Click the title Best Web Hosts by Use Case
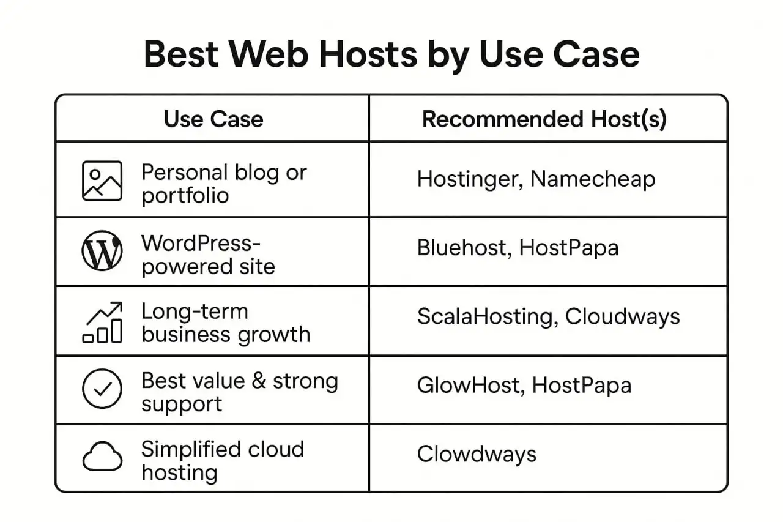coord(391,55)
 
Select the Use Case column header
coord(213,119)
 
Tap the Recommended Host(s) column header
coord(544,119)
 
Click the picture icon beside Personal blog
coord(102,181)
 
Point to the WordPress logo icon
coord(102,250)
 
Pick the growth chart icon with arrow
coord(102,322)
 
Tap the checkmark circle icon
coord(102,389)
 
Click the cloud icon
coord(102,456)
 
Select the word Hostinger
coord(470,180)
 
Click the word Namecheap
coord(593,179)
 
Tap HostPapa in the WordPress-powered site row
coord(569,248)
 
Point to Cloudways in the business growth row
coord(623,317)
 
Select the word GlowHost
coord(471,386)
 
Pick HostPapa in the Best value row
coord(582,386)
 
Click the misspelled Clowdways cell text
coord(477,455)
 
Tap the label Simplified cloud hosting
coord(223,461)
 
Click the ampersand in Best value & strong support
coord(259,381)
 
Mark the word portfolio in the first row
coord(185,196)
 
